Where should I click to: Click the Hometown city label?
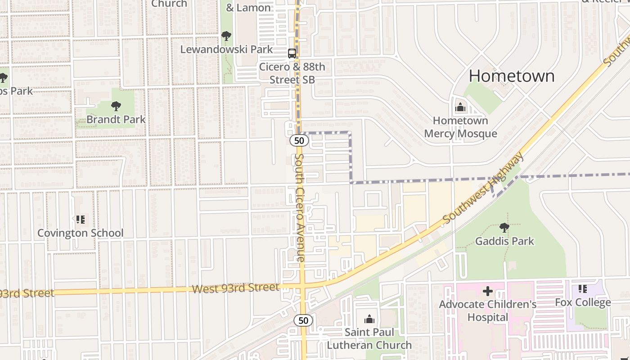click(x=512, y=76)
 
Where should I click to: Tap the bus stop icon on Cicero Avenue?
click(x=292, y=54)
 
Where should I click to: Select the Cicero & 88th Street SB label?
click(x=292, y=73)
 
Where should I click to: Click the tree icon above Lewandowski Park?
click(x=226, y=36)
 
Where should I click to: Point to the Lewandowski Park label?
click(x=226, y=49)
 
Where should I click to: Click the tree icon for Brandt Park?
click(x=116, y=106)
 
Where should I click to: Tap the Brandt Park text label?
click(x=116, y=119)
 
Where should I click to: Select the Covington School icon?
click(x=80, y=220)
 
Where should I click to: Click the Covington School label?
click(x=80, y=233)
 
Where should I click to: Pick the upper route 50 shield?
click(x=299, y=141)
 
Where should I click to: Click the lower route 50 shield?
click(x=303, y=320)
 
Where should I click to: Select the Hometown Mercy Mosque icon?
click(x=460, y=108)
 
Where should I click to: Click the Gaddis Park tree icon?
click(x=504, y=228)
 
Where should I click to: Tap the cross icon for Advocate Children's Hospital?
click(x=487, y=291)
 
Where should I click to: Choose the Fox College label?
click(x=583, y=302)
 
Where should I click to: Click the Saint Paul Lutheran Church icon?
click(x=369, y=319)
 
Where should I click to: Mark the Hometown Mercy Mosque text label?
click(x=460, y=127)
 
